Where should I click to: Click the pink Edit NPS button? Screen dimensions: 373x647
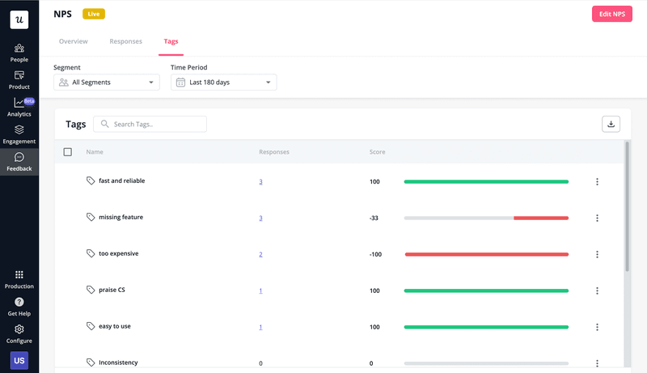tap(611, 14)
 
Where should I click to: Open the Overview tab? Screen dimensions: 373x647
tap(74, 41)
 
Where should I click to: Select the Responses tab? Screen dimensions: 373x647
tap(125, 41)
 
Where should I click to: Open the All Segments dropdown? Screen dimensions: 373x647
tap(107, 82)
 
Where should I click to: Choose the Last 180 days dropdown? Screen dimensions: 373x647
tap(224, 82)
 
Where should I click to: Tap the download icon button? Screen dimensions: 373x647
tap(611, 124)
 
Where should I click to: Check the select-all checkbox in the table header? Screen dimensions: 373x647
tap(68, 152)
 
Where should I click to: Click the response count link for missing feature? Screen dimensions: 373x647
tap(260, 218)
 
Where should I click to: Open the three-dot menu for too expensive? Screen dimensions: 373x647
tap(597, 254)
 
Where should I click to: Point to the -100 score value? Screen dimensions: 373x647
tap(375, 254)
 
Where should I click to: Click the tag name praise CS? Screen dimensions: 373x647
tap(112, 290)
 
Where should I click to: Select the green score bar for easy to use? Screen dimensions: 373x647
tap(486, 327)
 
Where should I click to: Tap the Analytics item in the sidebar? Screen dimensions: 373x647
tap(19, 106)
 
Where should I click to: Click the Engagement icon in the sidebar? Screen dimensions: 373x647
tap(19, 129)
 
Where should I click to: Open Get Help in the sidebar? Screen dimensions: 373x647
tap(19, 306)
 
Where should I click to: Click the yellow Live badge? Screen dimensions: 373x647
tap(93, 14)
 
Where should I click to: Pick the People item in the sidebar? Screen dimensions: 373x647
tap(19, 52)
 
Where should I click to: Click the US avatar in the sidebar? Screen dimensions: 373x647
tap(19, 360)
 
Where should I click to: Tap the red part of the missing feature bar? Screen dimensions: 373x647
tap(540, 218)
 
